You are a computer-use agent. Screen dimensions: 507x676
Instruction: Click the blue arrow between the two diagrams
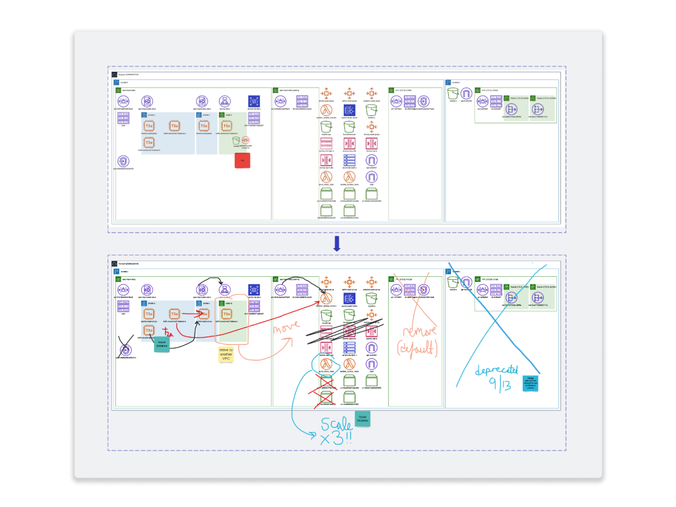(x=336, y=244)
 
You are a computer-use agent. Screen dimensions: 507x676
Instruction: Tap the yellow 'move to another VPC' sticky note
(x=226, y=355)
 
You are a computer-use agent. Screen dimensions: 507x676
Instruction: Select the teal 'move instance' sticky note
(x=162, y=344)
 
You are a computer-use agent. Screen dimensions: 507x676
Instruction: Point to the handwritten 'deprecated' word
(x=497, y=371)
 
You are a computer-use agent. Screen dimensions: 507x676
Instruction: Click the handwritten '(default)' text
(x=417, y=348)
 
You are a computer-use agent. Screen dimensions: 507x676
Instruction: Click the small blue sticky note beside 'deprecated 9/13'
(x=530, y=383)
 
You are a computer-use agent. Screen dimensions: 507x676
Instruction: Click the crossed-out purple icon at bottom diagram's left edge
(x=124, y=350)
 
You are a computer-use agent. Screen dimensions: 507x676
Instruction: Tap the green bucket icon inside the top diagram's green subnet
(x=236, y=141)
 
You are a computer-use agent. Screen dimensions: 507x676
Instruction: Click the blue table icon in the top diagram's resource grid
(x=349, y=160)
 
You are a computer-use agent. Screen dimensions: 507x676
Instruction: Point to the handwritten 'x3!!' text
(x=336, y=440)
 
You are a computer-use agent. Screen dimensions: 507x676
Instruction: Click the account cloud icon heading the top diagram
(x=114, y=75)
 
